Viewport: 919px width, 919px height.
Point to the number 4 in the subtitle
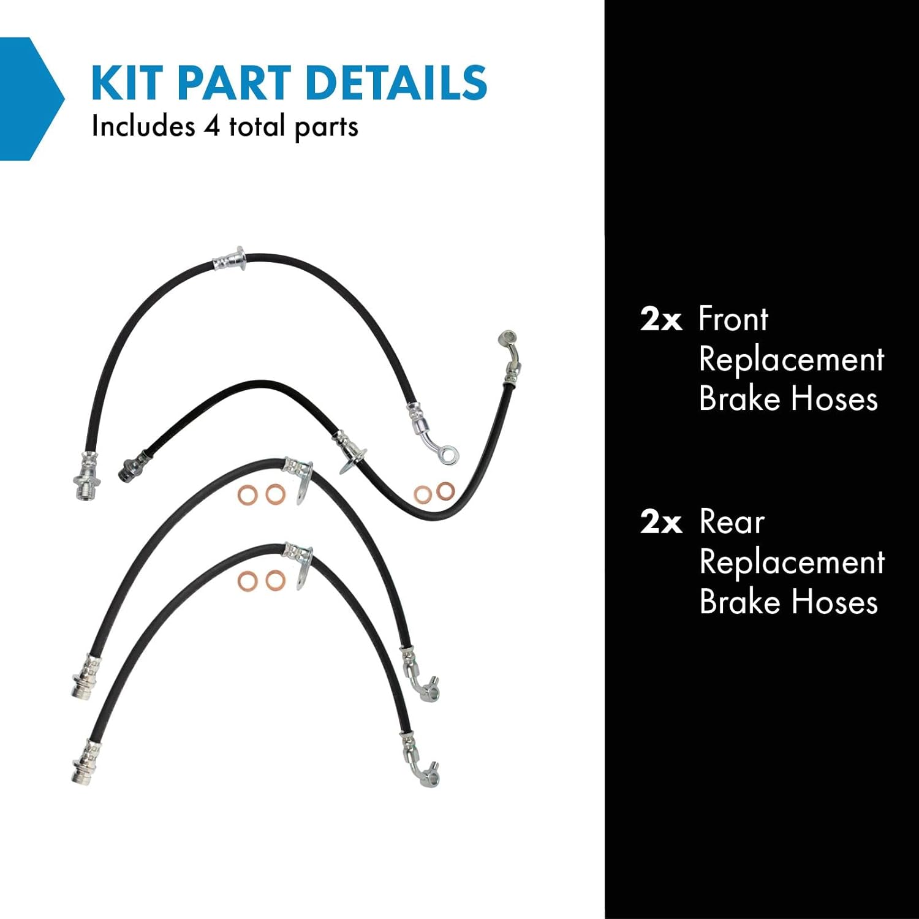pyautogui.click(x=211, y=127)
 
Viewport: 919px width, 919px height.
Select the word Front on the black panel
pyautogui.click(x=733, y=319)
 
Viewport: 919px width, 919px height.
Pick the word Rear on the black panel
pyautogui.click(x=732, y=523)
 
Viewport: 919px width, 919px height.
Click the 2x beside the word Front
pyautogui.click(x=660, y=320)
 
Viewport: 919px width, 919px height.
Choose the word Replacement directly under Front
pyautogui.click(x=792, y=359)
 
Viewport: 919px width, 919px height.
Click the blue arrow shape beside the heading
pyautogui.click(x=31, y=98)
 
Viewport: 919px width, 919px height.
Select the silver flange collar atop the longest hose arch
pyautogui.click(x=232, y=260)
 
